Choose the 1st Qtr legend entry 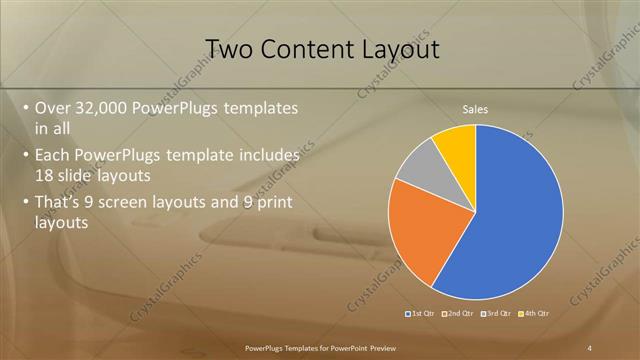click(422, 313)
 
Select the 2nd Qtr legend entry click(459, 313)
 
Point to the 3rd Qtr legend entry click(497, 313)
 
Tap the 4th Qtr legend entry click(535, 313)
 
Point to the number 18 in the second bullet click(44, 174)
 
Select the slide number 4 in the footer click(590, 347)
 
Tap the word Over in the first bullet click(53, 107)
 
